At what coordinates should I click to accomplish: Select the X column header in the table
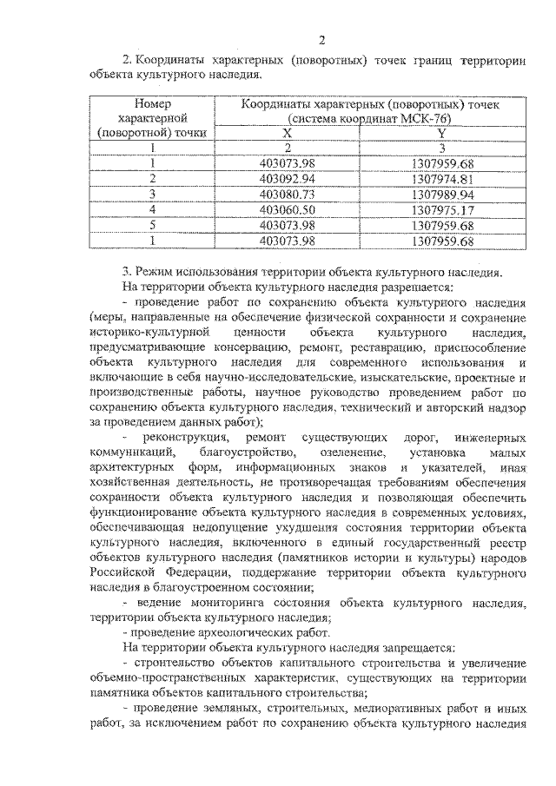pos(288,133)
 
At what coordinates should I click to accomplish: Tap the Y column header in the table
pos(441,133)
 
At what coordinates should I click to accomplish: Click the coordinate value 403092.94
pos(288,178)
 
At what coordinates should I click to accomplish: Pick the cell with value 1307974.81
pos(442,178)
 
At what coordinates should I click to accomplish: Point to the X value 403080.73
pos(288,194)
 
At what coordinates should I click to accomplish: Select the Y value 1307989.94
pos(442,194)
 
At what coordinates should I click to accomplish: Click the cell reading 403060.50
pos(288,209)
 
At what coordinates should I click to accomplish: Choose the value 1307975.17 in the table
pos(442,209)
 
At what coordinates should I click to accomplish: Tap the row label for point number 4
pos(152,209)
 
